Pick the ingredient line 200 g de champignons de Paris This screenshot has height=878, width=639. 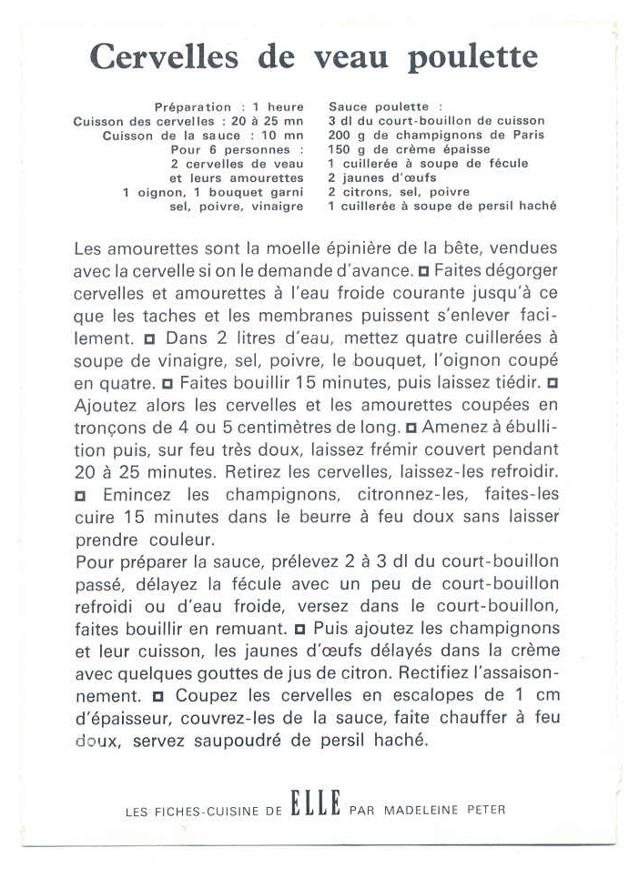[436, 135]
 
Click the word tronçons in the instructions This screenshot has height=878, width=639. [107, 427]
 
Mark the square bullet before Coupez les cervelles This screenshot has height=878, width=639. [158, 696]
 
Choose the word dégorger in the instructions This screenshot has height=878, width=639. [515, 270]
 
